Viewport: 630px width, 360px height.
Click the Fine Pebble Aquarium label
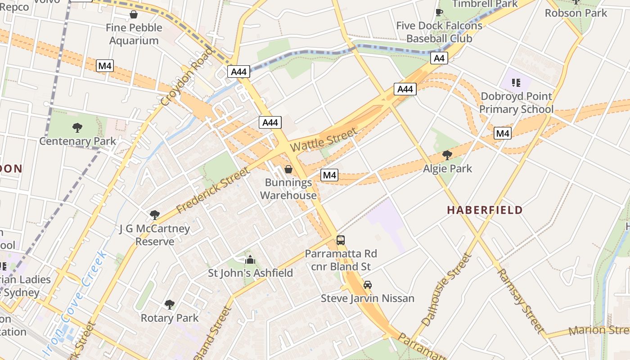coord(134,34)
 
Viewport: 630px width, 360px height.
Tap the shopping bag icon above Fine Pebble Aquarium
coord(134,15)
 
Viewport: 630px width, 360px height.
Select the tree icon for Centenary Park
coord(77,128)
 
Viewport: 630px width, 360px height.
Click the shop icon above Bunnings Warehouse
coord(288,169)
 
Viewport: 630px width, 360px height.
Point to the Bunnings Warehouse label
coord(288,189)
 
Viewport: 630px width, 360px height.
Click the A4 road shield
coord(439,58)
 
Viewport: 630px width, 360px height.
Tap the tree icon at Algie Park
coord(447,155)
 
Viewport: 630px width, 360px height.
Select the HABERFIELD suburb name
coord(485,210)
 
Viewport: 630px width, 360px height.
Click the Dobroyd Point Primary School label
coord(516,103)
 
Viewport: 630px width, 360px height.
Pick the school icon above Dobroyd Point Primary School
coord(516,83)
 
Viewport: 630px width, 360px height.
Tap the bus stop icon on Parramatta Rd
coord(341,240)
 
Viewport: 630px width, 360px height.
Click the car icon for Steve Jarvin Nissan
coord(368,285)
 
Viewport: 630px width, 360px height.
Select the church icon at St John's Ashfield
coord(250,260)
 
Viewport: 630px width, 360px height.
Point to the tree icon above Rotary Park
coord(169,305)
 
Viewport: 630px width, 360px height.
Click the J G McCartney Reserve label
coord(155,235)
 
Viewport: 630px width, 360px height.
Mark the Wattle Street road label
coord(324,139)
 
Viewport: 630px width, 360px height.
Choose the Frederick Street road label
coord(212,191)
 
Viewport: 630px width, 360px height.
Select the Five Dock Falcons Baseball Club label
coord(439,32)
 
